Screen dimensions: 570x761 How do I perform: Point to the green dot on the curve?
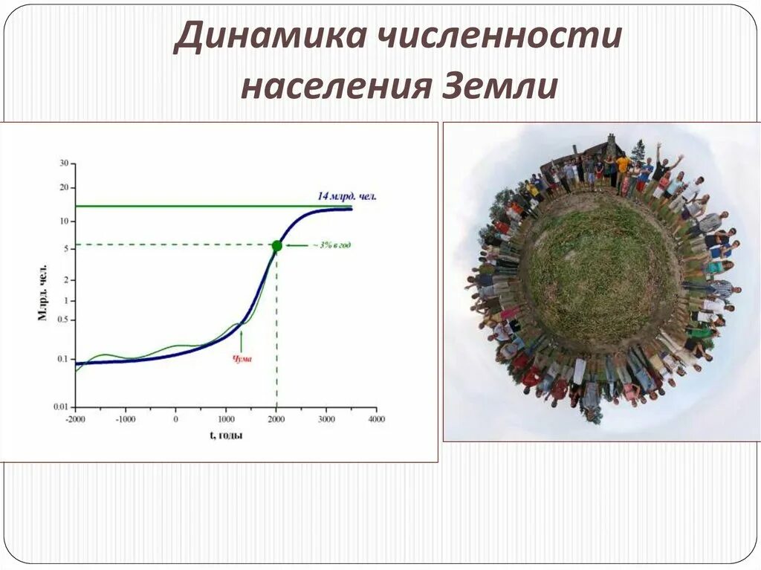click(x=276, y=246)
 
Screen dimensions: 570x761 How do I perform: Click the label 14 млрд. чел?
click(x=347, y=196)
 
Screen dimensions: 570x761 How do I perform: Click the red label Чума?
click(x=242, y=359)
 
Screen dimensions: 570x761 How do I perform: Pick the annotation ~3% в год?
click(x=331, y=245)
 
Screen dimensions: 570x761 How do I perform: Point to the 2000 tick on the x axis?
click(x=276, y=419)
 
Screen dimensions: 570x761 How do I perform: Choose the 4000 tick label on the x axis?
click(x=376, y=419)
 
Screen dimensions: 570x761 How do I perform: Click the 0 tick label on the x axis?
click(x=175, y=419)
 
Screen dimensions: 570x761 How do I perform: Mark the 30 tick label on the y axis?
click(x=64, y=163)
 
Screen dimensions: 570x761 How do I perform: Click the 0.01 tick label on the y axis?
click(x=60, y=407)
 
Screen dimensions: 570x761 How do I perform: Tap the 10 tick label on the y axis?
click(x=64, y=221)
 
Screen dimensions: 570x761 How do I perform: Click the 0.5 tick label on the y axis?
click(x=62, y=320)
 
